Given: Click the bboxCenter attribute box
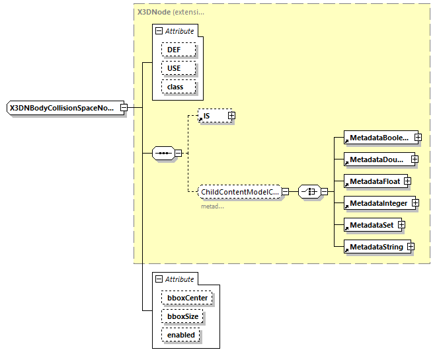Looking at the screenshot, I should click(186, 298).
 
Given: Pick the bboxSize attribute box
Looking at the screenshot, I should click(182, 316).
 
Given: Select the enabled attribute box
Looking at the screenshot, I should click(180, 335).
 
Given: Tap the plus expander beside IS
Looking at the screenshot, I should click(231, 116).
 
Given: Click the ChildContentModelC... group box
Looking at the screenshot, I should click(239, 192).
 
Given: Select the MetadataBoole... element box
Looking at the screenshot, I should click(380, 138).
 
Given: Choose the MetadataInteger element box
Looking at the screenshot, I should click(379, 203).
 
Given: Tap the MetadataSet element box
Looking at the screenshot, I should click(370, 225).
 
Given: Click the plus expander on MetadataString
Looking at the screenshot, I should click(411, 247).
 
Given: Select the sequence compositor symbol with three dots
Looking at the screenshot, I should click(163, 154).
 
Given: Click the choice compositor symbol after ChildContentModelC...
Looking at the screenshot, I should click(309, 192).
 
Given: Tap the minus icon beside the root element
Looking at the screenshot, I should click(123, 107).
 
